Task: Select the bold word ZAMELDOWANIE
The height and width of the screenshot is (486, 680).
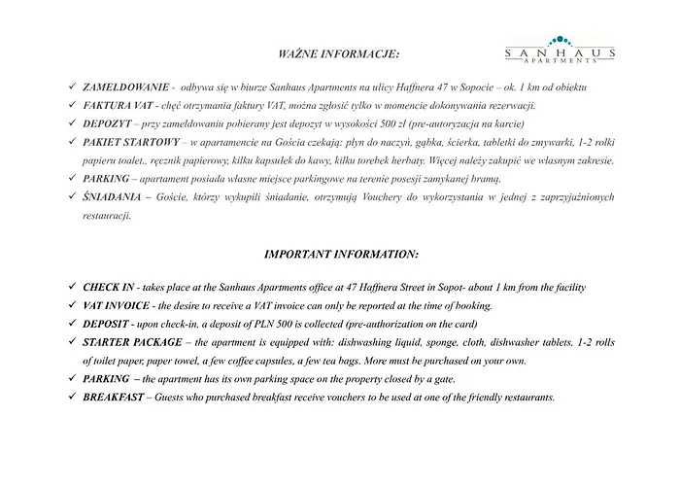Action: tap(120, 87)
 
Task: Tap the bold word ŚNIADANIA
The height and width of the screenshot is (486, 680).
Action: tap(110, 197)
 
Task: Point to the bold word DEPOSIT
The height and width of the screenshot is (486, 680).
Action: tap(106, 324)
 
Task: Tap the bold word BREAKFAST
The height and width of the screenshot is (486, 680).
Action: tap(114, 398)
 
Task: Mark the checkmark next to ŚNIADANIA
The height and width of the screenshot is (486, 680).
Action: tap(71, 197)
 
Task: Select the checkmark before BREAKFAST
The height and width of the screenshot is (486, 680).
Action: tap(71, 398)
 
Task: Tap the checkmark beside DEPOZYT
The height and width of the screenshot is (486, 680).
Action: tap(71, 123)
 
